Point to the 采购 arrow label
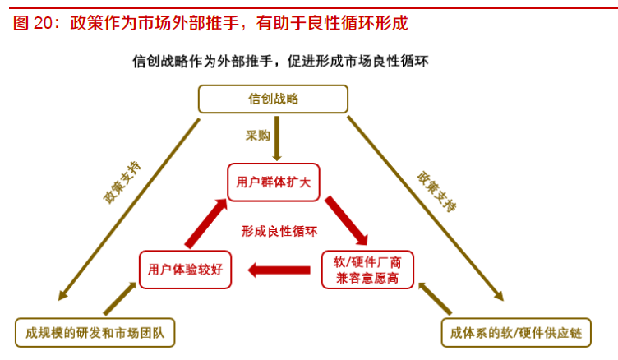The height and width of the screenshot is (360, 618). (258, 136)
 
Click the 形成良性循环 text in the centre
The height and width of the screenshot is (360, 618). (279, 231)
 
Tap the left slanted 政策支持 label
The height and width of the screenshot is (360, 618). (122, 182)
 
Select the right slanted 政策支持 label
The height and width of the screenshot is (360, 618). (436, 192)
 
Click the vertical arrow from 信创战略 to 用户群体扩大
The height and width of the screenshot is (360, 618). (277, 138)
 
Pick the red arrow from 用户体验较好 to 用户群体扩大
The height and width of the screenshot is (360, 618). (206, 224)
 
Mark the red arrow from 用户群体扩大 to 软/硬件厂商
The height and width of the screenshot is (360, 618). (346, 220)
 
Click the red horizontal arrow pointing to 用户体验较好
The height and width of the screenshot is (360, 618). (279, 270)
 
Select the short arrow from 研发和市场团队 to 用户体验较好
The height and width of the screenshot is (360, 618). (120, 298)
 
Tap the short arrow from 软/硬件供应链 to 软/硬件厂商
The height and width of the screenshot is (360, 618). (435, 298)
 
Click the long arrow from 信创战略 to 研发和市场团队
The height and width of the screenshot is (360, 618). (129, 210)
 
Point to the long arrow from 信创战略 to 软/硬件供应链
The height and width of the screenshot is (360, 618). (425, 209)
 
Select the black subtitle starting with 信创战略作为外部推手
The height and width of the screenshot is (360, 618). (280, 62)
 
